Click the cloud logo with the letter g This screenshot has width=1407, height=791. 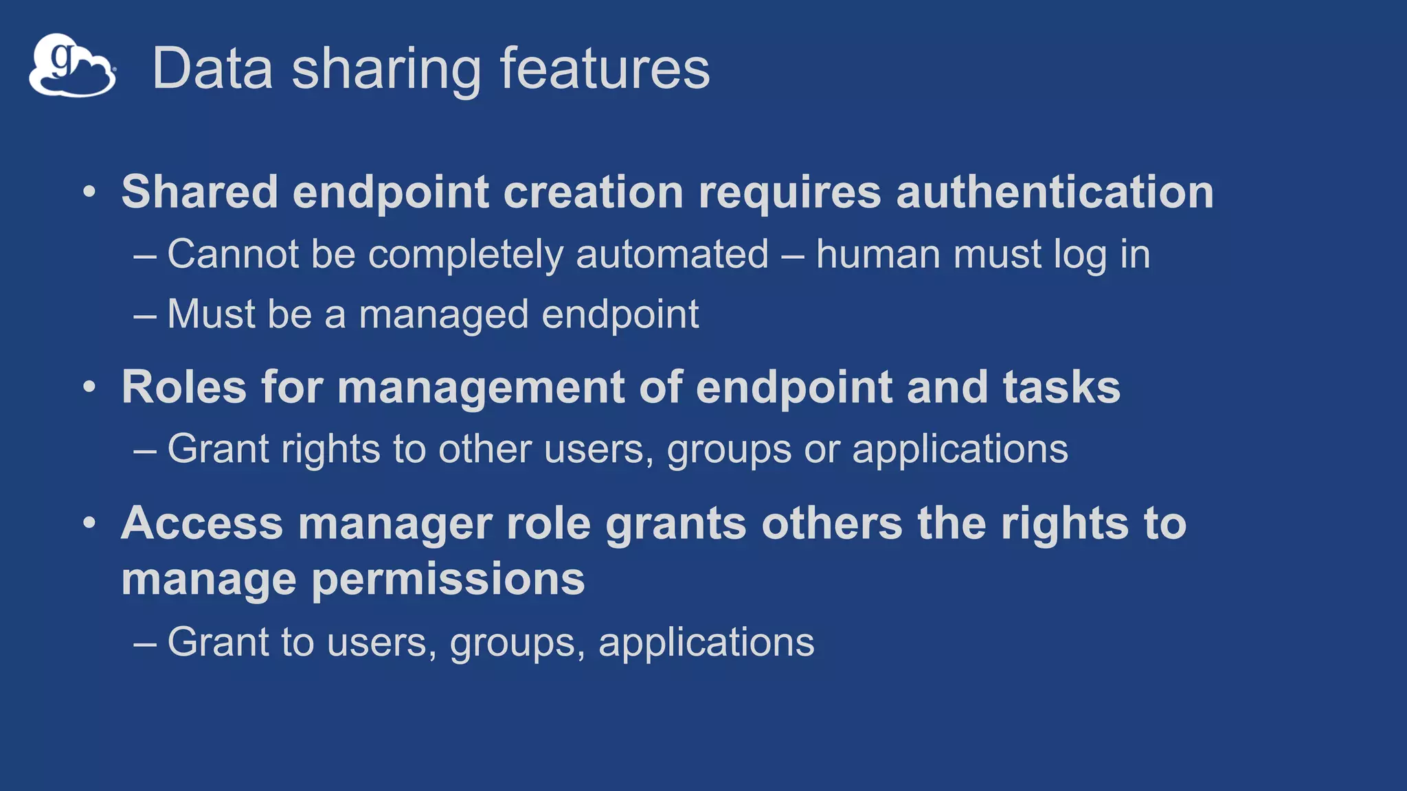(72, 66)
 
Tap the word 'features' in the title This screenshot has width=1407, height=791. (605, 69)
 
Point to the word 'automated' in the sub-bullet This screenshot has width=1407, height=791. (672, 254)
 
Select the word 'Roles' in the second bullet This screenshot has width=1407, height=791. (183, 387)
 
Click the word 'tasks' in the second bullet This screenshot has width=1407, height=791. (1061, 387)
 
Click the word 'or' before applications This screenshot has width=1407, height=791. (822, 449)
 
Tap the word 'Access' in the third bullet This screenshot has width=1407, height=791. (202, 523)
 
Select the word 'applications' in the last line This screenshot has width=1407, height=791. (706, 643)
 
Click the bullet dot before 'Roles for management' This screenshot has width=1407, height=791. (89, 387)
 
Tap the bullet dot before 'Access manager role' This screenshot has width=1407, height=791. (89, 523)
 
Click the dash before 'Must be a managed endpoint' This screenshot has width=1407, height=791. (145, 316)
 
